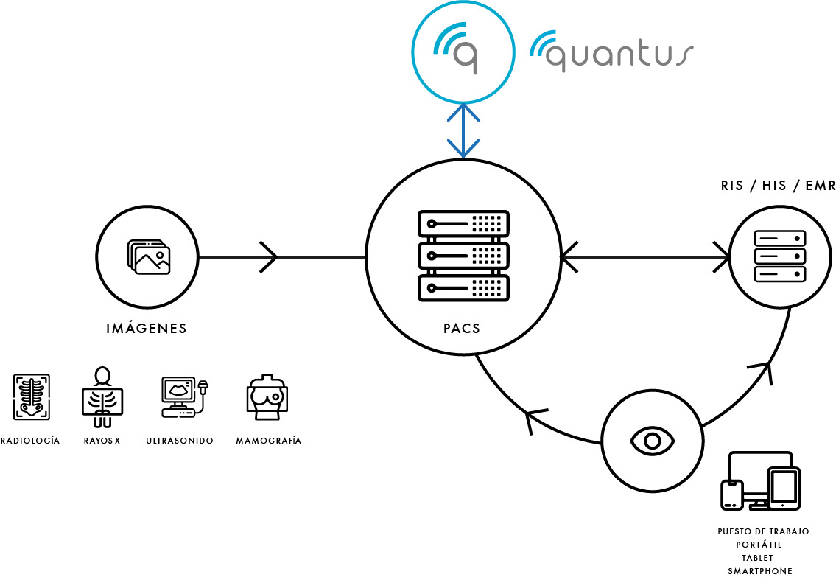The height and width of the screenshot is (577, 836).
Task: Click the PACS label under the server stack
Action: (x=462, y=329)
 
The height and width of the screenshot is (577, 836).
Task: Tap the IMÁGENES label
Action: (x=147, y=328)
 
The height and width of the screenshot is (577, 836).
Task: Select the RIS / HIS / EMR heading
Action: (x=778, y=186)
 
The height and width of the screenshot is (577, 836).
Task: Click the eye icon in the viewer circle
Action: (x=652, y=441)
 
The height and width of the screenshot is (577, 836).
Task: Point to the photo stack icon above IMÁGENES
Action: (x=149, y=257)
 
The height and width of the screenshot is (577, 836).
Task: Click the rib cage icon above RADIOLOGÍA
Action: (x=32, y=396)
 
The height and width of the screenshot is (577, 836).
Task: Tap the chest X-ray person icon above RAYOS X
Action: (x=102, y=397)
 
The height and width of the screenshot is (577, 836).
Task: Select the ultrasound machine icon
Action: (x=184, y=397)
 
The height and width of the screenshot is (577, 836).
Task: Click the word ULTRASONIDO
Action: (x=180, y=441)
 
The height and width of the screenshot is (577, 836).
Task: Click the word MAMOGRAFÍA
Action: (x=269, y=441)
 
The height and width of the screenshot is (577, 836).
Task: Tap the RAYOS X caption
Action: (x=102, y=441)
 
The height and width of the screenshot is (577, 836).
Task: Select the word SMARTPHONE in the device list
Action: (x=760, y=571)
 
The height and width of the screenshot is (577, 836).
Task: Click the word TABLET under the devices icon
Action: (x=757, y=558)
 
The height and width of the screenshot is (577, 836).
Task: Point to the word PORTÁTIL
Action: (x=759, y=545)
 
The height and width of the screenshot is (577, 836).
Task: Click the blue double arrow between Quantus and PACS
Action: (x=463, y=131)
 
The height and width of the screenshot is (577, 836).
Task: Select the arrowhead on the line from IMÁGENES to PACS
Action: (x=269, y=257)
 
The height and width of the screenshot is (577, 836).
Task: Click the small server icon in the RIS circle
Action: (x=779, y=256)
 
